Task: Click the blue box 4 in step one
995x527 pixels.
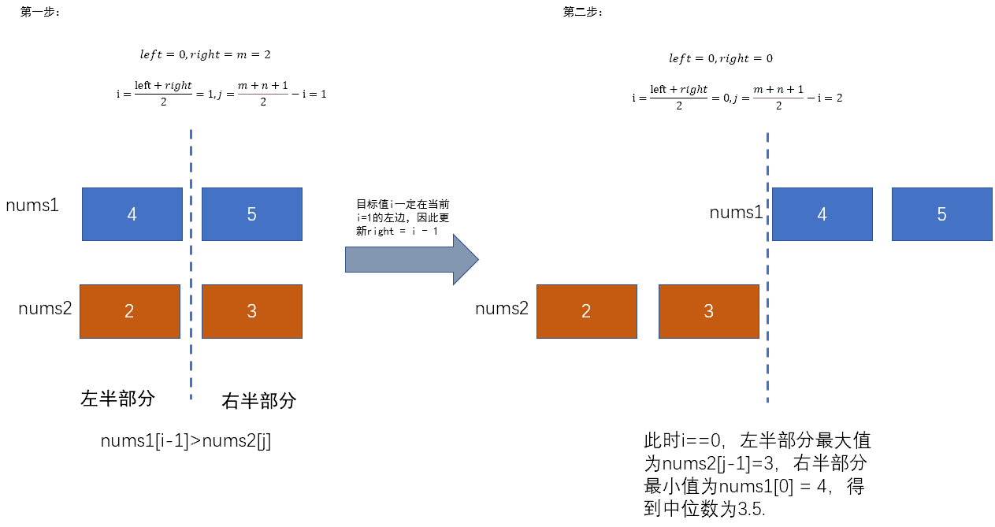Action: pos(132,213)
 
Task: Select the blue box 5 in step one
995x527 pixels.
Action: pos(252,213)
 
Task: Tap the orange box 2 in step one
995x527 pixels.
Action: pos(130,311)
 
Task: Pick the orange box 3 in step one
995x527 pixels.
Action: pos(252,311)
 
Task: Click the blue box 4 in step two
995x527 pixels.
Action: pos(822,213)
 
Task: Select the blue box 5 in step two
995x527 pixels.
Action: pos(941,213)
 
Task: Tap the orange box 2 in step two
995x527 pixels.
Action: pos(586,311)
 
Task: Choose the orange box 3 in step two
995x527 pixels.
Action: pos(708,311)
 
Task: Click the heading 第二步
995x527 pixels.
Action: pos(584,12)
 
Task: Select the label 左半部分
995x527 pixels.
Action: pos(117,398)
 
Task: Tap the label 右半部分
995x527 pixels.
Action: pos(259,401)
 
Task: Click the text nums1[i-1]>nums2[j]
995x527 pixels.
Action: pos(186,441)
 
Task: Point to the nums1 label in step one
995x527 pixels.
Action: pos(32,205)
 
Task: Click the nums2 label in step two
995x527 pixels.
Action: pos(502,308)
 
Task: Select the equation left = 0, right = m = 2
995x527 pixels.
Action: pos(205,55)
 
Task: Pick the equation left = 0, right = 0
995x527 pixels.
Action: pos(721,58)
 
